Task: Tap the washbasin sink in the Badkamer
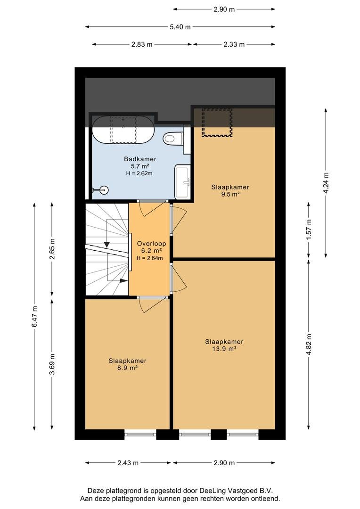182,182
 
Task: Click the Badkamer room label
140,159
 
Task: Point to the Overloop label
151,244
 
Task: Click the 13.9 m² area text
224,349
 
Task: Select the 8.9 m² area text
127,368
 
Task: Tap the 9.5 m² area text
230,195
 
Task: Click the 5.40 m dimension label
180,27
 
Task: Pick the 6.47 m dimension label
35,317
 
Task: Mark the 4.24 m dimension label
326,182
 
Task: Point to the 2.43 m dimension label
128,463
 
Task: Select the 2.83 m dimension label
142,44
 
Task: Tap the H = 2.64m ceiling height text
150,258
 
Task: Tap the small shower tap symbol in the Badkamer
100,190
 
